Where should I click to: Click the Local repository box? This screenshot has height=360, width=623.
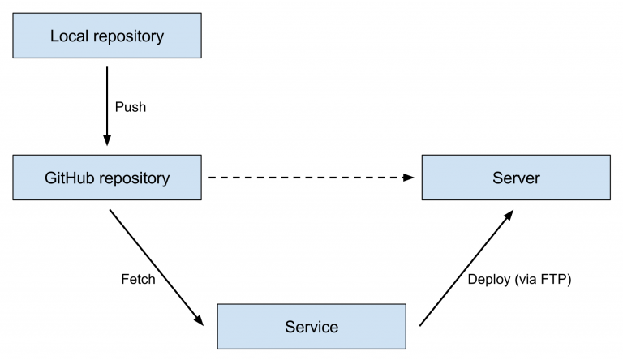point(107,36)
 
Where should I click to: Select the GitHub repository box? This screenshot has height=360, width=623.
point(107,178)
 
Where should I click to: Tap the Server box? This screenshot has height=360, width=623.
point(516,178)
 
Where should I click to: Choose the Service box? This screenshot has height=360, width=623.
point(311,327)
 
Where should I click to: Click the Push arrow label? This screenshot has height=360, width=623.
point(131,107)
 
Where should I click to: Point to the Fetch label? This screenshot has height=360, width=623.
point(137,280)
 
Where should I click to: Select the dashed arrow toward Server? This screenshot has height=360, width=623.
point(308,177)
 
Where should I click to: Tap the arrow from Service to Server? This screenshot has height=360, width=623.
point(466,268)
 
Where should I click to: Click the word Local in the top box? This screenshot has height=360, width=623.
point(67,36)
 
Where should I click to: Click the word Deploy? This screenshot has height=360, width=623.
point(488,280)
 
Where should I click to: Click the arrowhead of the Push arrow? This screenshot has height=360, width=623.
point(107,141)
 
